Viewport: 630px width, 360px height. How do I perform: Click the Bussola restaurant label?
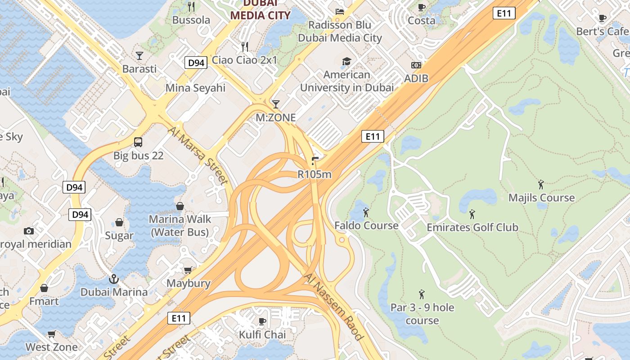(191, 20)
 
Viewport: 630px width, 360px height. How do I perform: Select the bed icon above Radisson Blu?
(340, 11)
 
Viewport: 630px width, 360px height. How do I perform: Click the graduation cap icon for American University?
(346, 62)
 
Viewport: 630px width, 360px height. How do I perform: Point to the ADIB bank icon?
(416, 66)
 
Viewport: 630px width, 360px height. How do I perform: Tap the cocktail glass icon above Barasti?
(139, 56)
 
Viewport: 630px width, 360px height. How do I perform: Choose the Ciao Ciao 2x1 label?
(245, 60)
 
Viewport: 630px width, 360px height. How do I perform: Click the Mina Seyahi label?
(195, 88)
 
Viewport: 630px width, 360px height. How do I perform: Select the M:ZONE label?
(276, 118)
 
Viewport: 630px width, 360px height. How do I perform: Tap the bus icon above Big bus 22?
(138, 142)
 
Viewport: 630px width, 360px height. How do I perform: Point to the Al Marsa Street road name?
(198, 156)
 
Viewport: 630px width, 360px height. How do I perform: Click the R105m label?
(315, 174)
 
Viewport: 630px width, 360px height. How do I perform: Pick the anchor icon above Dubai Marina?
(114, 279)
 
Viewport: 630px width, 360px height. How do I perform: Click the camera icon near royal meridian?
(29, 231)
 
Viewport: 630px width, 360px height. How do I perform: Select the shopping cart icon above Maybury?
(188, 270)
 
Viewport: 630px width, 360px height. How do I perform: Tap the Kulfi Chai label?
(262, 335)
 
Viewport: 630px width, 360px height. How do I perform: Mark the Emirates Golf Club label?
(472, 227)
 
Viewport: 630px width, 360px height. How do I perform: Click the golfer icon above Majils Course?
(541, 184)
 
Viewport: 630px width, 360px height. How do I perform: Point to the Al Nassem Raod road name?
(333, 308)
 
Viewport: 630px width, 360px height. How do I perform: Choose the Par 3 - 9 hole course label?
(422, 314)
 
